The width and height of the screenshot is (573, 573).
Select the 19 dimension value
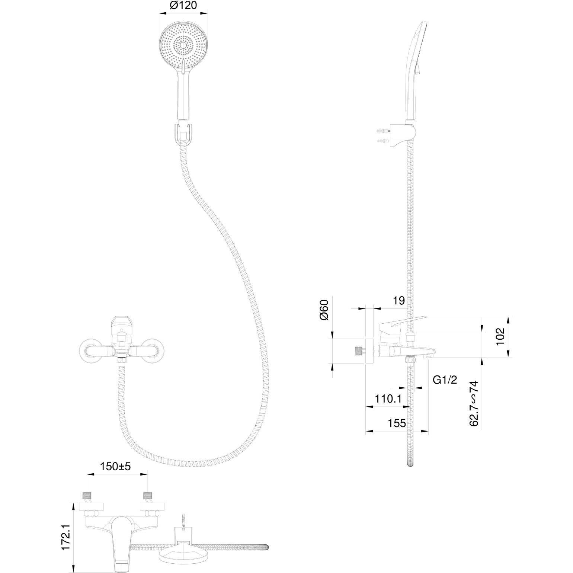[x=398, y=300]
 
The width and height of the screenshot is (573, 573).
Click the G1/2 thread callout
[x=445, y=380]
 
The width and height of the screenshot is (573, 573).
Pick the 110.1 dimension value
[x=388, y=399]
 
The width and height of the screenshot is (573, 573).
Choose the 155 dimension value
[x=397, y=423]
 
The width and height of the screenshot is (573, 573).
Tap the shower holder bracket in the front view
[x=183, y=133]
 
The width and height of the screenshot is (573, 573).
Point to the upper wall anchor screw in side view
[x=383, y=131]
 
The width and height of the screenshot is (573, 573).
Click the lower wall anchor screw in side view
[x=383, y=141]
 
